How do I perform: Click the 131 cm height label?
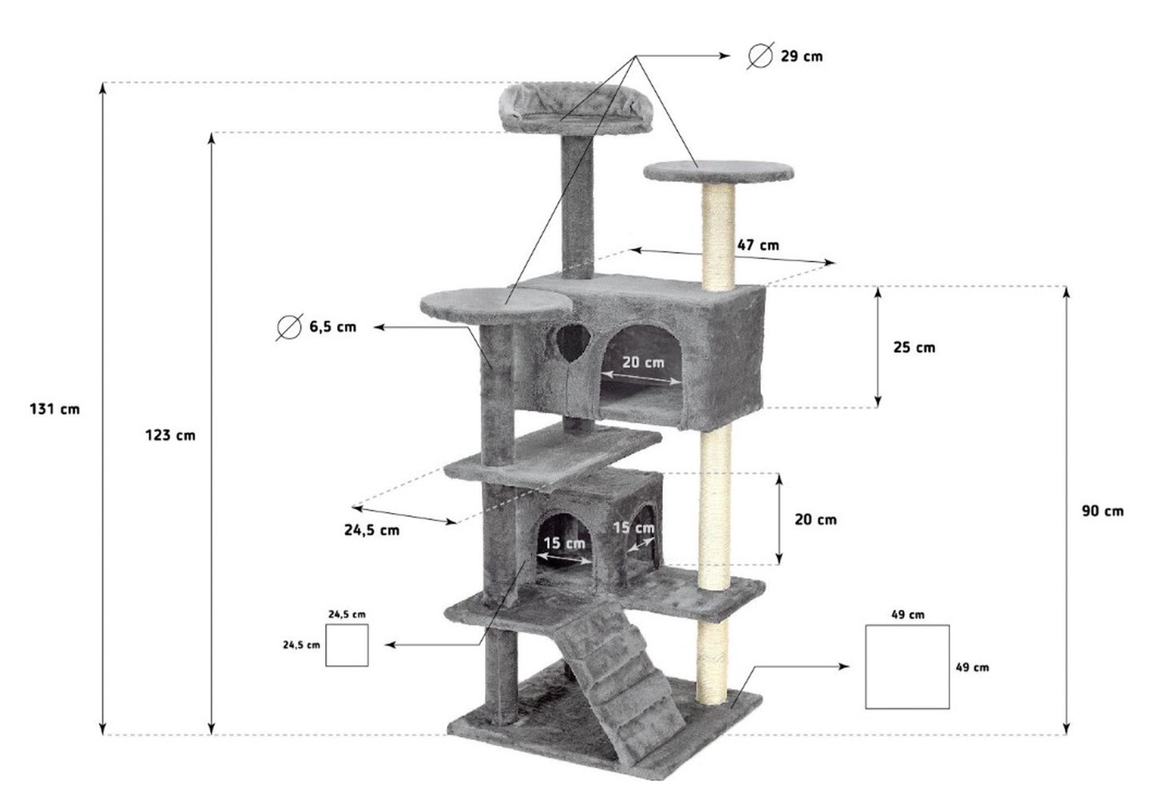click(x=55, y=409)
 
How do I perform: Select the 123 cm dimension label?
click(x=170, y=435)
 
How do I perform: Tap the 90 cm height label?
click(x=1102, y=511)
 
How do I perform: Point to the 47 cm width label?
click(x=758, y=245)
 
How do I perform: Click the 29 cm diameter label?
click(x=801, y=56)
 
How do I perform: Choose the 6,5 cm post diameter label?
click(x=333, y=327)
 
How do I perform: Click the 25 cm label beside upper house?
click(x=914, y=348)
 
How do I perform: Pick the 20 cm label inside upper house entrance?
click(x=643, y=362)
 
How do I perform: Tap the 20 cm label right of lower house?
click(x=816, y=519)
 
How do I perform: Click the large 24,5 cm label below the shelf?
click(x=372, y=530)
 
